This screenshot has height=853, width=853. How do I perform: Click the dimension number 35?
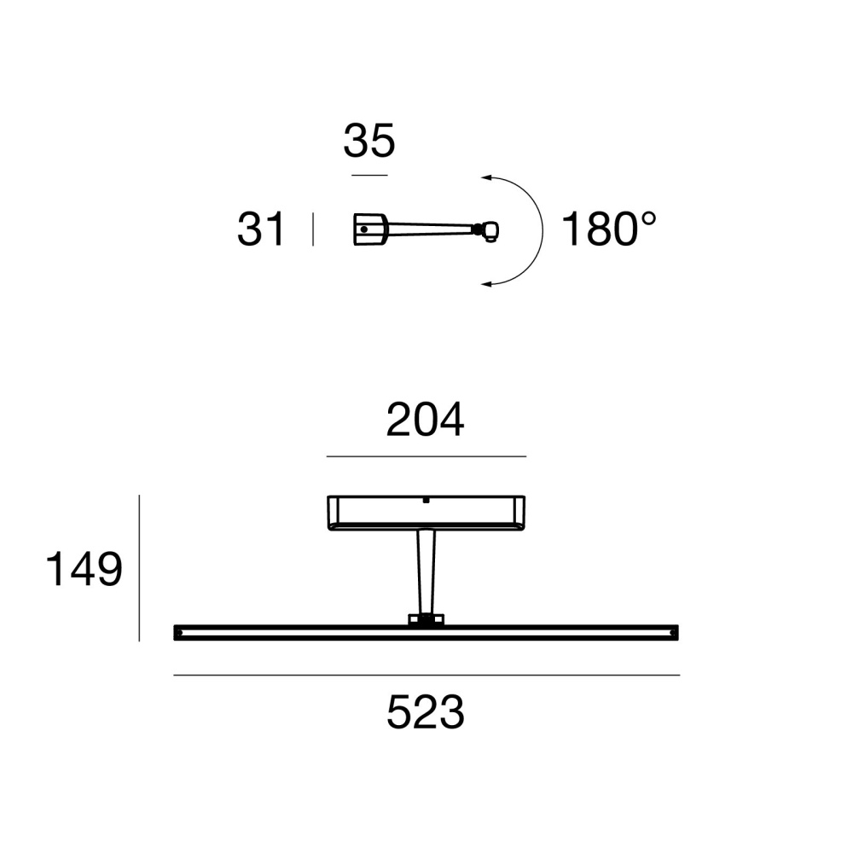tap(368, 141)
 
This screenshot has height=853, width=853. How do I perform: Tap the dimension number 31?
tap(260, 229)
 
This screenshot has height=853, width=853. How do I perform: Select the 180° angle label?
tap(609, 229)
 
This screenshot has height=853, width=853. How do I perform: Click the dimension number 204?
tap(425, 420)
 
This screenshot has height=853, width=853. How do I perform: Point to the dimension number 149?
tap(84, 568)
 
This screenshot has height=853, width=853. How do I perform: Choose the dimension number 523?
tap(426, 712)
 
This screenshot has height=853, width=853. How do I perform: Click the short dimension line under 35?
tap(369, 175)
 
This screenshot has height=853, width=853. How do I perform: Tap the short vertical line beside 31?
tap(313, 229)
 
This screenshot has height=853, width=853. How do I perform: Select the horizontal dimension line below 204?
tap(426, 456)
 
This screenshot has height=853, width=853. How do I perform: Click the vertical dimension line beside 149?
tap(139, 568)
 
